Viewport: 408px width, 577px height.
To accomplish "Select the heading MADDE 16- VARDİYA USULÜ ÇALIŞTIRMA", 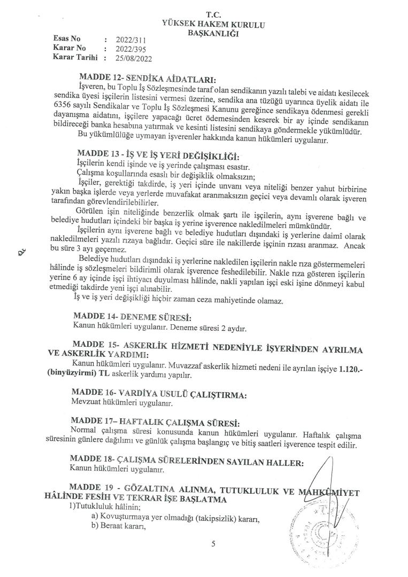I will pyautogui.click(x=160, y=395).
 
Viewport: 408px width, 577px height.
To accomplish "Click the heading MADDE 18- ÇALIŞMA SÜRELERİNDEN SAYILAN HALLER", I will pyautogui.click(x=190, y=461).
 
